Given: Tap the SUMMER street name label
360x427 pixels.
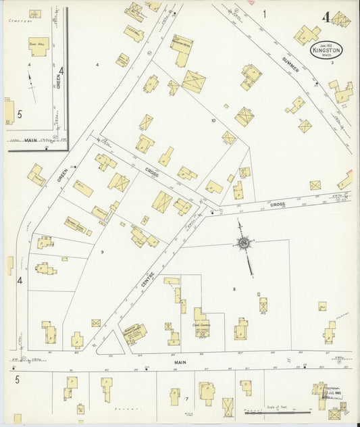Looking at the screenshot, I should pos(290,64).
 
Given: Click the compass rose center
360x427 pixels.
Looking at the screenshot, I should pos(242,243).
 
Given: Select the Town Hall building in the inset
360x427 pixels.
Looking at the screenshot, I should pos(38,46).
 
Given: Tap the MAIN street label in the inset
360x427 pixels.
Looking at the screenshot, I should pos(31,140).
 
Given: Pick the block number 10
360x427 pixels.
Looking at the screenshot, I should pos(213,121).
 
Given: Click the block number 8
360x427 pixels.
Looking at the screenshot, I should pos(234,289).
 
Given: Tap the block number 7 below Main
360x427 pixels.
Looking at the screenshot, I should pos(186,400).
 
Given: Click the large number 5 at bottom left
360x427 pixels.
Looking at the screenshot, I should pos(17,380).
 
